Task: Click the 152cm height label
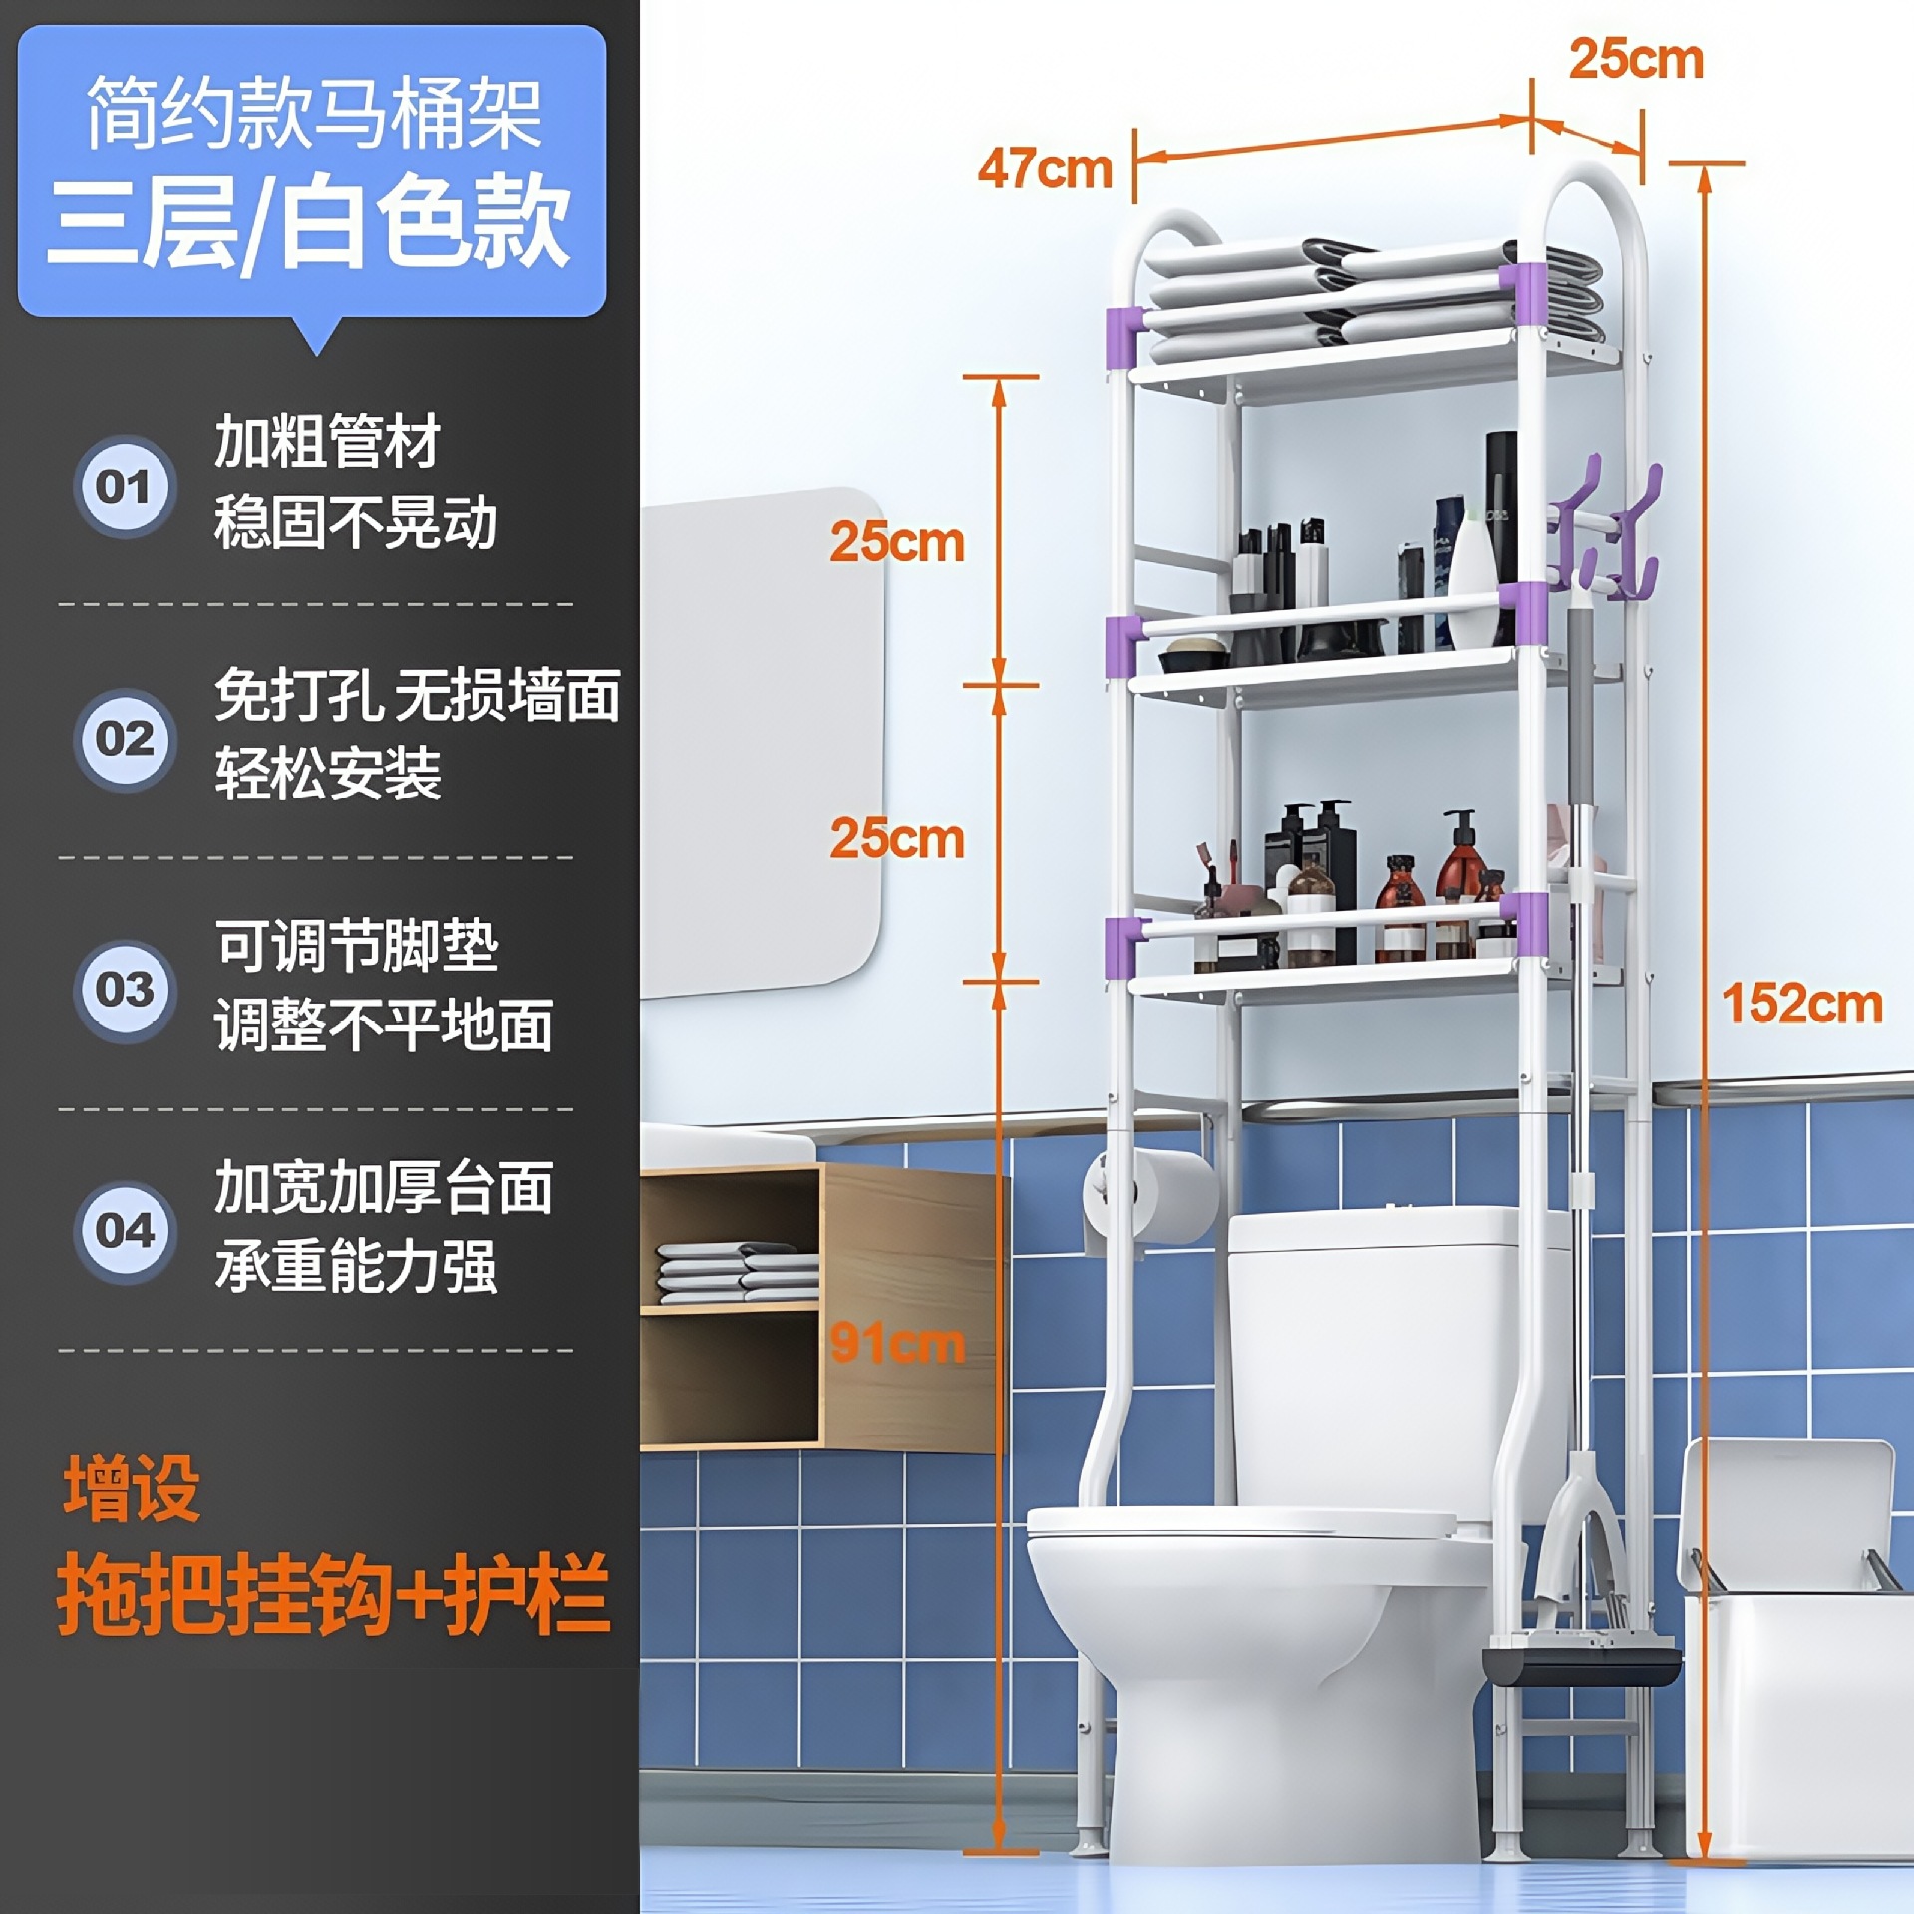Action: point(1802,1003)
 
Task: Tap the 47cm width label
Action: point(1045,168)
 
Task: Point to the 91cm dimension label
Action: point(897,1343)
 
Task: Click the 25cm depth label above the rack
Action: point(1636,59)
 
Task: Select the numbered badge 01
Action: point(125,487)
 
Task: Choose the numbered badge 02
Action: point(125,739)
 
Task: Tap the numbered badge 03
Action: point(125,990)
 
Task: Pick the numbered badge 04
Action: point(125,1231)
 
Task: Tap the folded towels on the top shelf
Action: point(1376,294)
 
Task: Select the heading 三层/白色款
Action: point(309,221)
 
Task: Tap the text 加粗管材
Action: point(327,441)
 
